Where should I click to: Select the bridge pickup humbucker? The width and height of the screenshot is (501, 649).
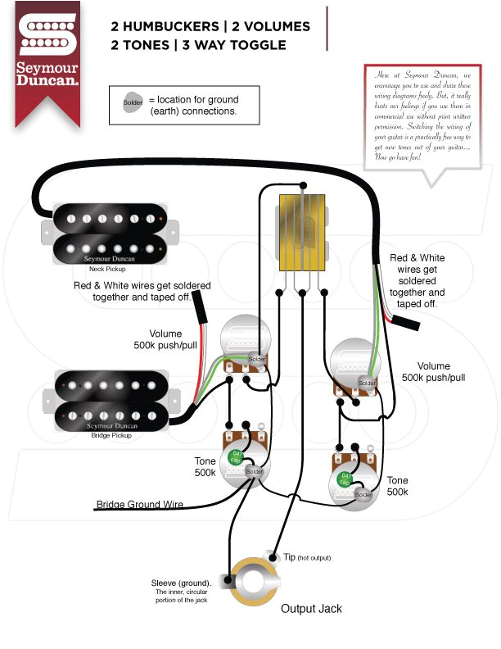pyautogui.click(x=107, y=399)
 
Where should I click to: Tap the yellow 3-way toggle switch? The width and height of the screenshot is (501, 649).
pyautogui.click(x=304, y=233)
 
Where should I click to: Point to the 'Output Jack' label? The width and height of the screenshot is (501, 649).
pyautogui.click(x=311, y=609)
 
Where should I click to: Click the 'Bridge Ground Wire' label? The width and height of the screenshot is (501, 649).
pyautogui.click(x=140, y=505)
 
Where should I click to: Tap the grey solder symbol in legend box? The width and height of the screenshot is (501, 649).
pyautogui.click(x=133, y=103)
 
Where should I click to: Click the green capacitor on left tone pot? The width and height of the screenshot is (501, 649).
pyautogui.click(x=237, y=456)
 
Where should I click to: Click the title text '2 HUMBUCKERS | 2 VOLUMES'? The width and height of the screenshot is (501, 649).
pyautogui.click(x=210, y=26)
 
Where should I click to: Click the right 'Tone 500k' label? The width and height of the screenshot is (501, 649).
pyautogui.click(x=397, y=486)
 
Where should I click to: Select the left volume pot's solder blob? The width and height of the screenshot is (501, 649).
pyautogui.click(x=257, y=360)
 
